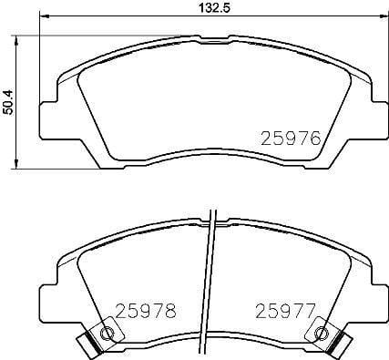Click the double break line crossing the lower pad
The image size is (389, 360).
(x=212, y=283)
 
